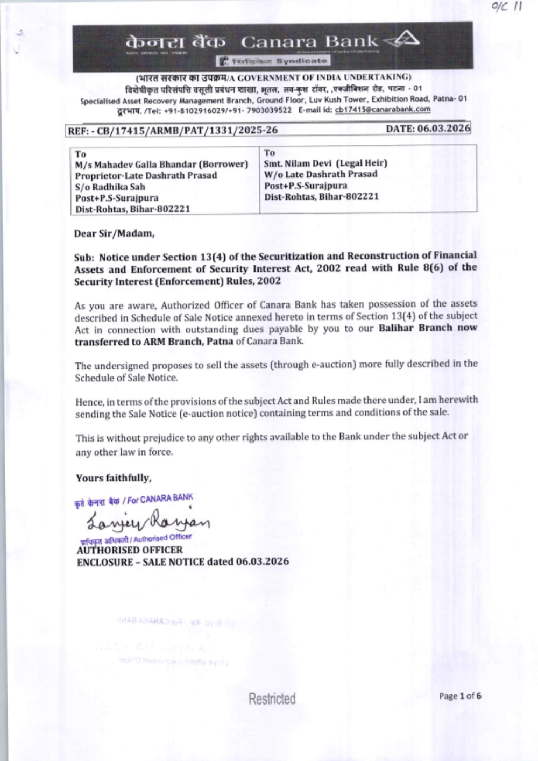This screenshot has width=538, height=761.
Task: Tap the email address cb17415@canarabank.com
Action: tap(383, 110)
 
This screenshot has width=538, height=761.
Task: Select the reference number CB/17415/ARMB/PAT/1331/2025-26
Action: tap(187, 130)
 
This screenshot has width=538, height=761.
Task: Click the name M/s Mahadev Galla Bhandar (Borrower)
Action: tap(161, 165)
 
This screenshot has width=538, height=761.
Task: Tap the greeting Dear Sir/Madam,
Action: tap(114, 233)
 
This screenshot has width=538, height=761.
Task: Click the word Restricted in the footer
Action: tap(272, 699)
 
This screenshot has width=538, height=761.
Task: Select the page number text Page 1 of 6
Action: tap(459, 696)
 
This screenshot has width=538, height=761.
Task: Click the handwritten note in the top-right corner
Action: tap(506, 7)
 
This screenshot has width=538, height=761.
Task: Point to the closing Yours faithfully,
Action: tap(114, 478)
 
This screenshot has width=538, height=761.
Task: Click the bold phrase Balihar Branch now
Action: tap(427, 328)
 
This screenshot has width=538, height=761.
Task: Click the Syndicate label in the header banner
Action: tap(301, 61)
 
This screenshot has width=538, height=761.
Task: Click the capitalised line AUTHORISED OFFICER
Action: tap(130, 550)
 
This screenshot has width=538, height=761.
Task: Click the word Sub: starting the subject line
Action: tap(84, 258)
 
